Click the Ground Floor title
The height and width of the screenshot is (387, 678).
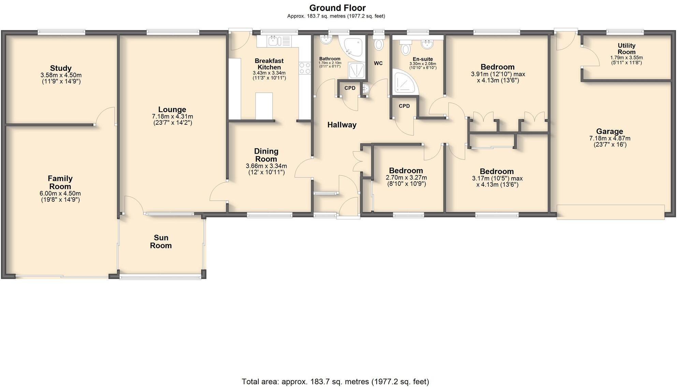point(337,8)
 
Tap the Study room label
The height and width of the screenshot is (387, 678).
point(61,68)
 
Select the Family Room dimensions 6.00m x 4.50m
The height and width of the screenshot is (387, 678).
point(60,193)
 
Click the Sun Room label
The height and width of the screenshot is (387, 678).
point(161,242)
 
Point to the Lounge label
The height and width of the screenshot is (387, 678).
point(172,109)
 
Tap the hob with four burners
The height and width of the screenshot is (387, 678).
point(304,68)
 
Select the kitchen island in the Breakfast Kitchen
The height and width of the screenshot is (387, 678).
point(264,106)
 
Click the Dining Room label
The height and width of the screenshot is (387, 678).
point(266,155)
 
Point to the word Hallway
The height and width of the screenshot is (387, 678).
point(342,125)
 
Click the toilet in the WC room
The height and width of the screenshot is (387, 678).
point(378,44)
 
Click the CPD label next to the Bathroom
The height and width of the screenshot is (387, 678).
point(350,88)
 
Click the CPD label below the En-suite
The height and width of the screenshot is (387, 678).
point(404,106)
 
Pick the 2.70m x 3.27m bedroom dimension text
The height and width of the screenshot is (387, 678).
point(406,177)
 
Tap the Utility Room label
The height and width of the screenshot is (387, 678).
point(626,49)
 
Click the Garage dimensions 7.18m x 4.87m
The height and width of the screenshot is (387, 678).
point(609,138)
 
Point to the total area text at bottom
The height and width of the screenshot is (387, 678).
point(335,382)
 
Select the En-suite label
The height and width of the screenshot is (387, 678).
point(422,59)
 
